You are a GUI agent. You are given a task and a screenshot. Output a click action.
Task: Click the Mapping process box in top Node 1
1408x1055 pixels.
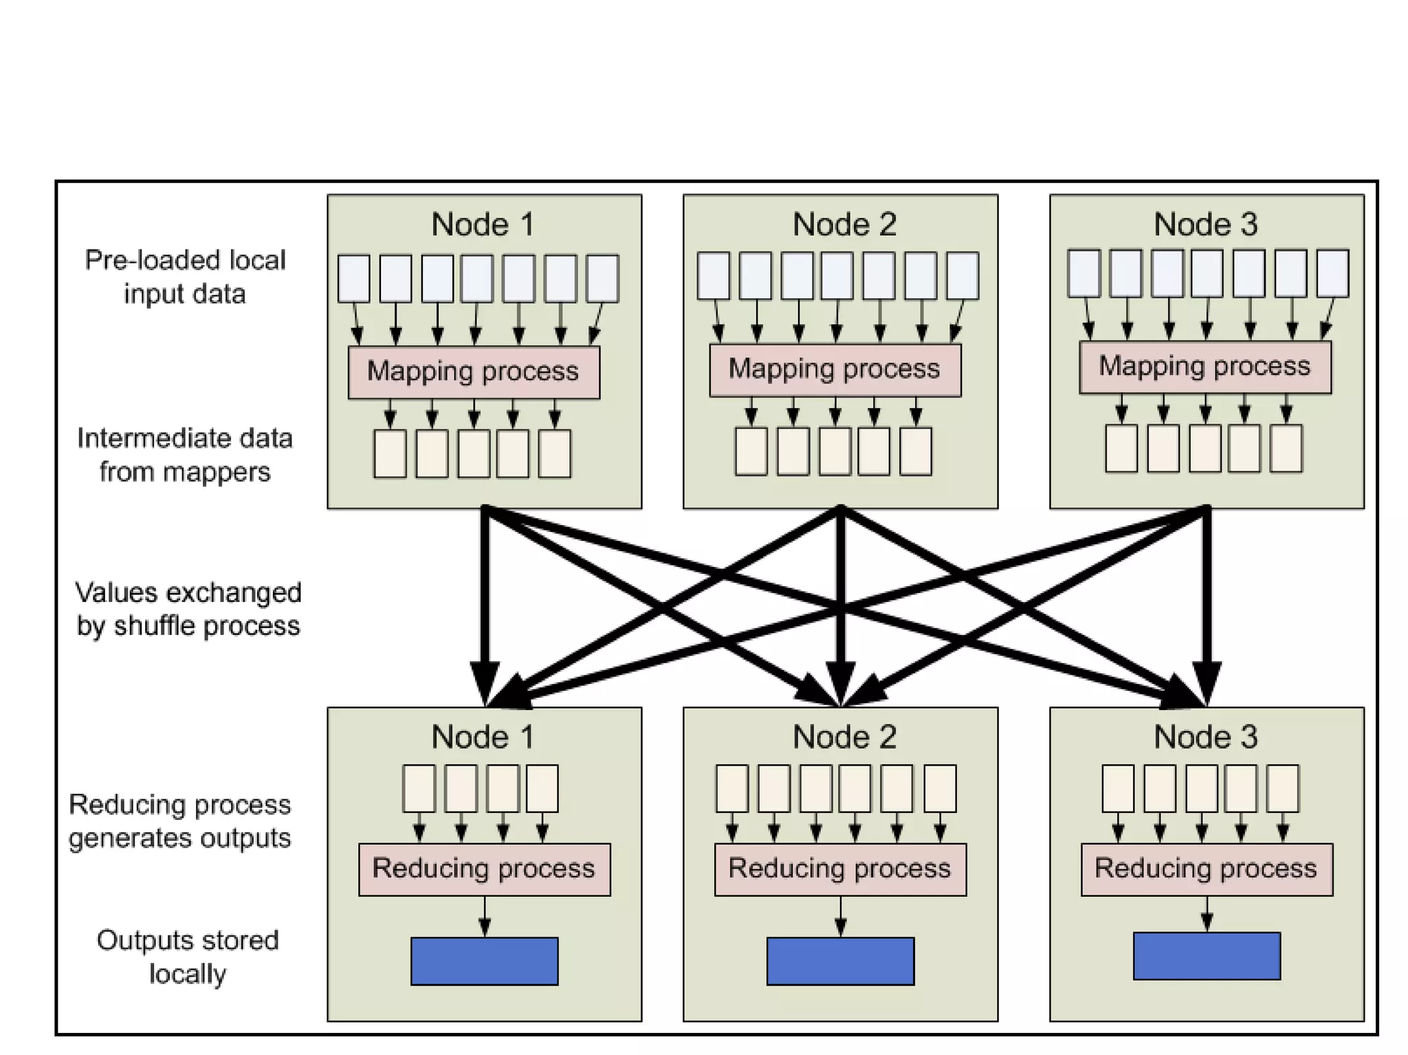click(x=474, y=372)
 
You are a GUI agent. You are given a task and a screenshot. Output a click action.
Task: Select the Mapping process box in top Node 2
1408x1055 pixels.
click(x=835, y=370)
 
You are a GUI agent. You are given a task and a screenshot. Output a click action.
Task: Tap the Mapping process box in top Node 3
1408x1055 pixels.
click(x=1204, y=367)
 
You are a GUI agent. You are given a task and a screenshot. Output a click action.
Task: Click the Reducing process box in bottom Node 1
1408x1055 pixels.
click(x=484, y=869)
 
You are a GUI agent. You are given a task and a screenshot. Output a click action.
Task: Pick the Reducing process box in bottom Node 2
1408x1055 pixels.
click(x=840, y=869)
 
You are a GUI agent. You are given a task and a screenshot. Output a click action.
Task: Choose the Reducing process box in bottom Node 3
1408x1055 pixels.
click(x=1207, y=869)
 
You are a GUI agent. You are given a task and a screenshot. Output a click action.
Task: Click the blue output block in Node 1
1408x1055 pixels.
click(x=484, y=961)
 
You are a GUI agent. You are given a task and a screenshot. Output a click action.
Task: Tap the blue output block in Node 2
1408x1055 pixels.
click(x=840, y=961)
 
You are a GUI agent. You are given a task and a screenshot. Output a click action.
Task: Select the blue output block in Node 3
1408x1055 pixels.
click(x=1207, y=955)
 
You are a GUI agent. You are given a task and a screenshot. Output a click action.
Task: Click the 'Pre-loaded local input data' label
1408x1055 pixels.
click(x=185, y=277)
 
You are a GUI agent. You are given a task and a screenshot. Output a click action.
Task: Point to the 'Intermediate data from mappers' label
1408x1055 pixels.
click(x=185, y=455)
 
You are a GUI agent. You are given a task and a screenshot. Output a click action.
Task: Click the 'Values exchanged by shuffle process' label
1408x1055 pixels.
click(x=188, y=609)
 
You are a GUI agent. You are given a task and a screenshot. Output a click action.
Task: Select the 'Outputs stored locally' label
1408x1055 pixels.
click(x=188, y=957)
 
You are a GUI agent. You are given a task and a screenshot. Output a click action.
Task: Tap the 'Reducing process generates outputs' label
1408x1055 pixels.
click(x=180, y=821)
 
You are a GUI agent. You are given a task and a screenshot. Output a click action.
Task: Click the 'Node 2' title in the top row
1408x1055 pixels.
click(x=844, y=224)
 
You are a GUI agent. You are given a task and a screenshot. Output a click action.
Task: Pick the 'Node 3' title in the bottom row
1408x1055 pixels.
click(x=1205, y=737)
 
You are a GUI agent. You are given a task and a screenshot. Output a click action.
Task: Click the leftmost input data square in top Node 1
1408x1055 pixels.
click(x=353, y=278)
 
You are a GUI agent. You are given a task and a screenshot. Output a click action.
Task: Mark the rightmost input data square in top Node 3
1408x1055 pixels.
click(x=1332, y=274)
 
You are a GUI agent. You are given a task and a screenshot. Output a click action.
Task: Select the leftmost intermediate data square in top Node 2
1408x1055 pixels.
click(x=751, y=452)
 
